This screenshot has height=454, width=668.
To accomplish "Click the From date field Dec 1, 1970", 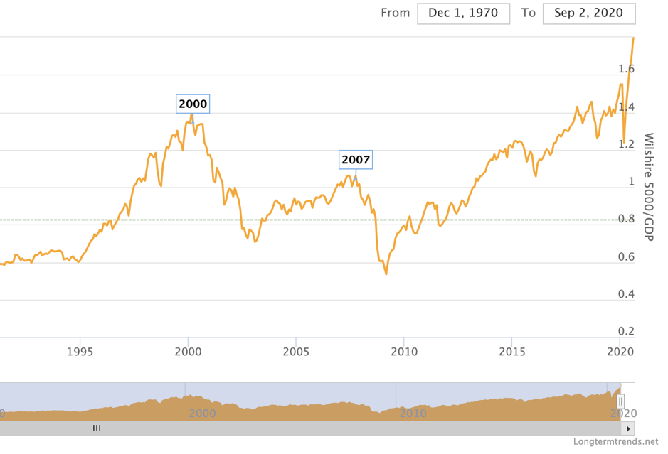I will point(463,13).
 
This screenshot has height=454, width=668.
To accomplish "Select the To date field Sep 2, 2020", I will point(588,13).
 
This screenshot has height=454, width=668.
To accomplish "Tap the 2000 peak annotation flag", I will point(193,104).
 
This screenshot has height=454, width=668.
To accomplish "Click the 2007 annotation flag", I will point(356,160).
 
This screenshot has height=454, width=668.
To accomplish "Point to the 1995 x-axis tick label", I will point(80,351).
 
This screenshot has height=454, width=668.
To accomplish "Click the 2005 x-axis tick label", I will point(295,351).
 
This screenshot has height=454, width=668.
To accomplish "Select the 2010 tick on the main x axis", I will point(404,351).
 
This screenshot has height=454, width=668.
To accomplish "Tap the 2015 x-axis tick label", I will point(511,351).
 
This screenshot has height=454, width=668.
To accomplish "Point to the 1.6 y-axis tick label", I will point(627,69).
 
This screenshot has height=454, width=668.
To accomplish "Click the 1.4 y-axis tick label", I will point(627,107).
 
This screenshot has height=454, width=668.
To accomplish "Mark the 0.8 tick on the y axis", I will point(627,219).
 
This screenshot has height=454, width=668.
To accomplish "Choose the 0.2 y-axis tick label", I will point(627,331).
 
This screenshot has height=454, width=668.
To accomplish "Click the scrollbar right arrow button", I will point(627,428).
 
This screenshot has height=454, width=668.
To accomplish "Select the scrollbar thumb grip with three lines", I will point(97,428).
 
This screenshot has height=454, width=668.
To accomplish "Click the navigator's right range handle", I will point(620,401).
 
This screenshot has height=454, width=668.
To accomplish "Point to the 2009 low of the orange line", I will point(386,274).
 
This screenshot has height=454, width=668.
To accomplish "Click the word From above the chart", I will point(396,13).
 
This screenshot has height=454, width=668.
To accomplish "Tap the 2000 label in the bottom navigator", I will point(202,413).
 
